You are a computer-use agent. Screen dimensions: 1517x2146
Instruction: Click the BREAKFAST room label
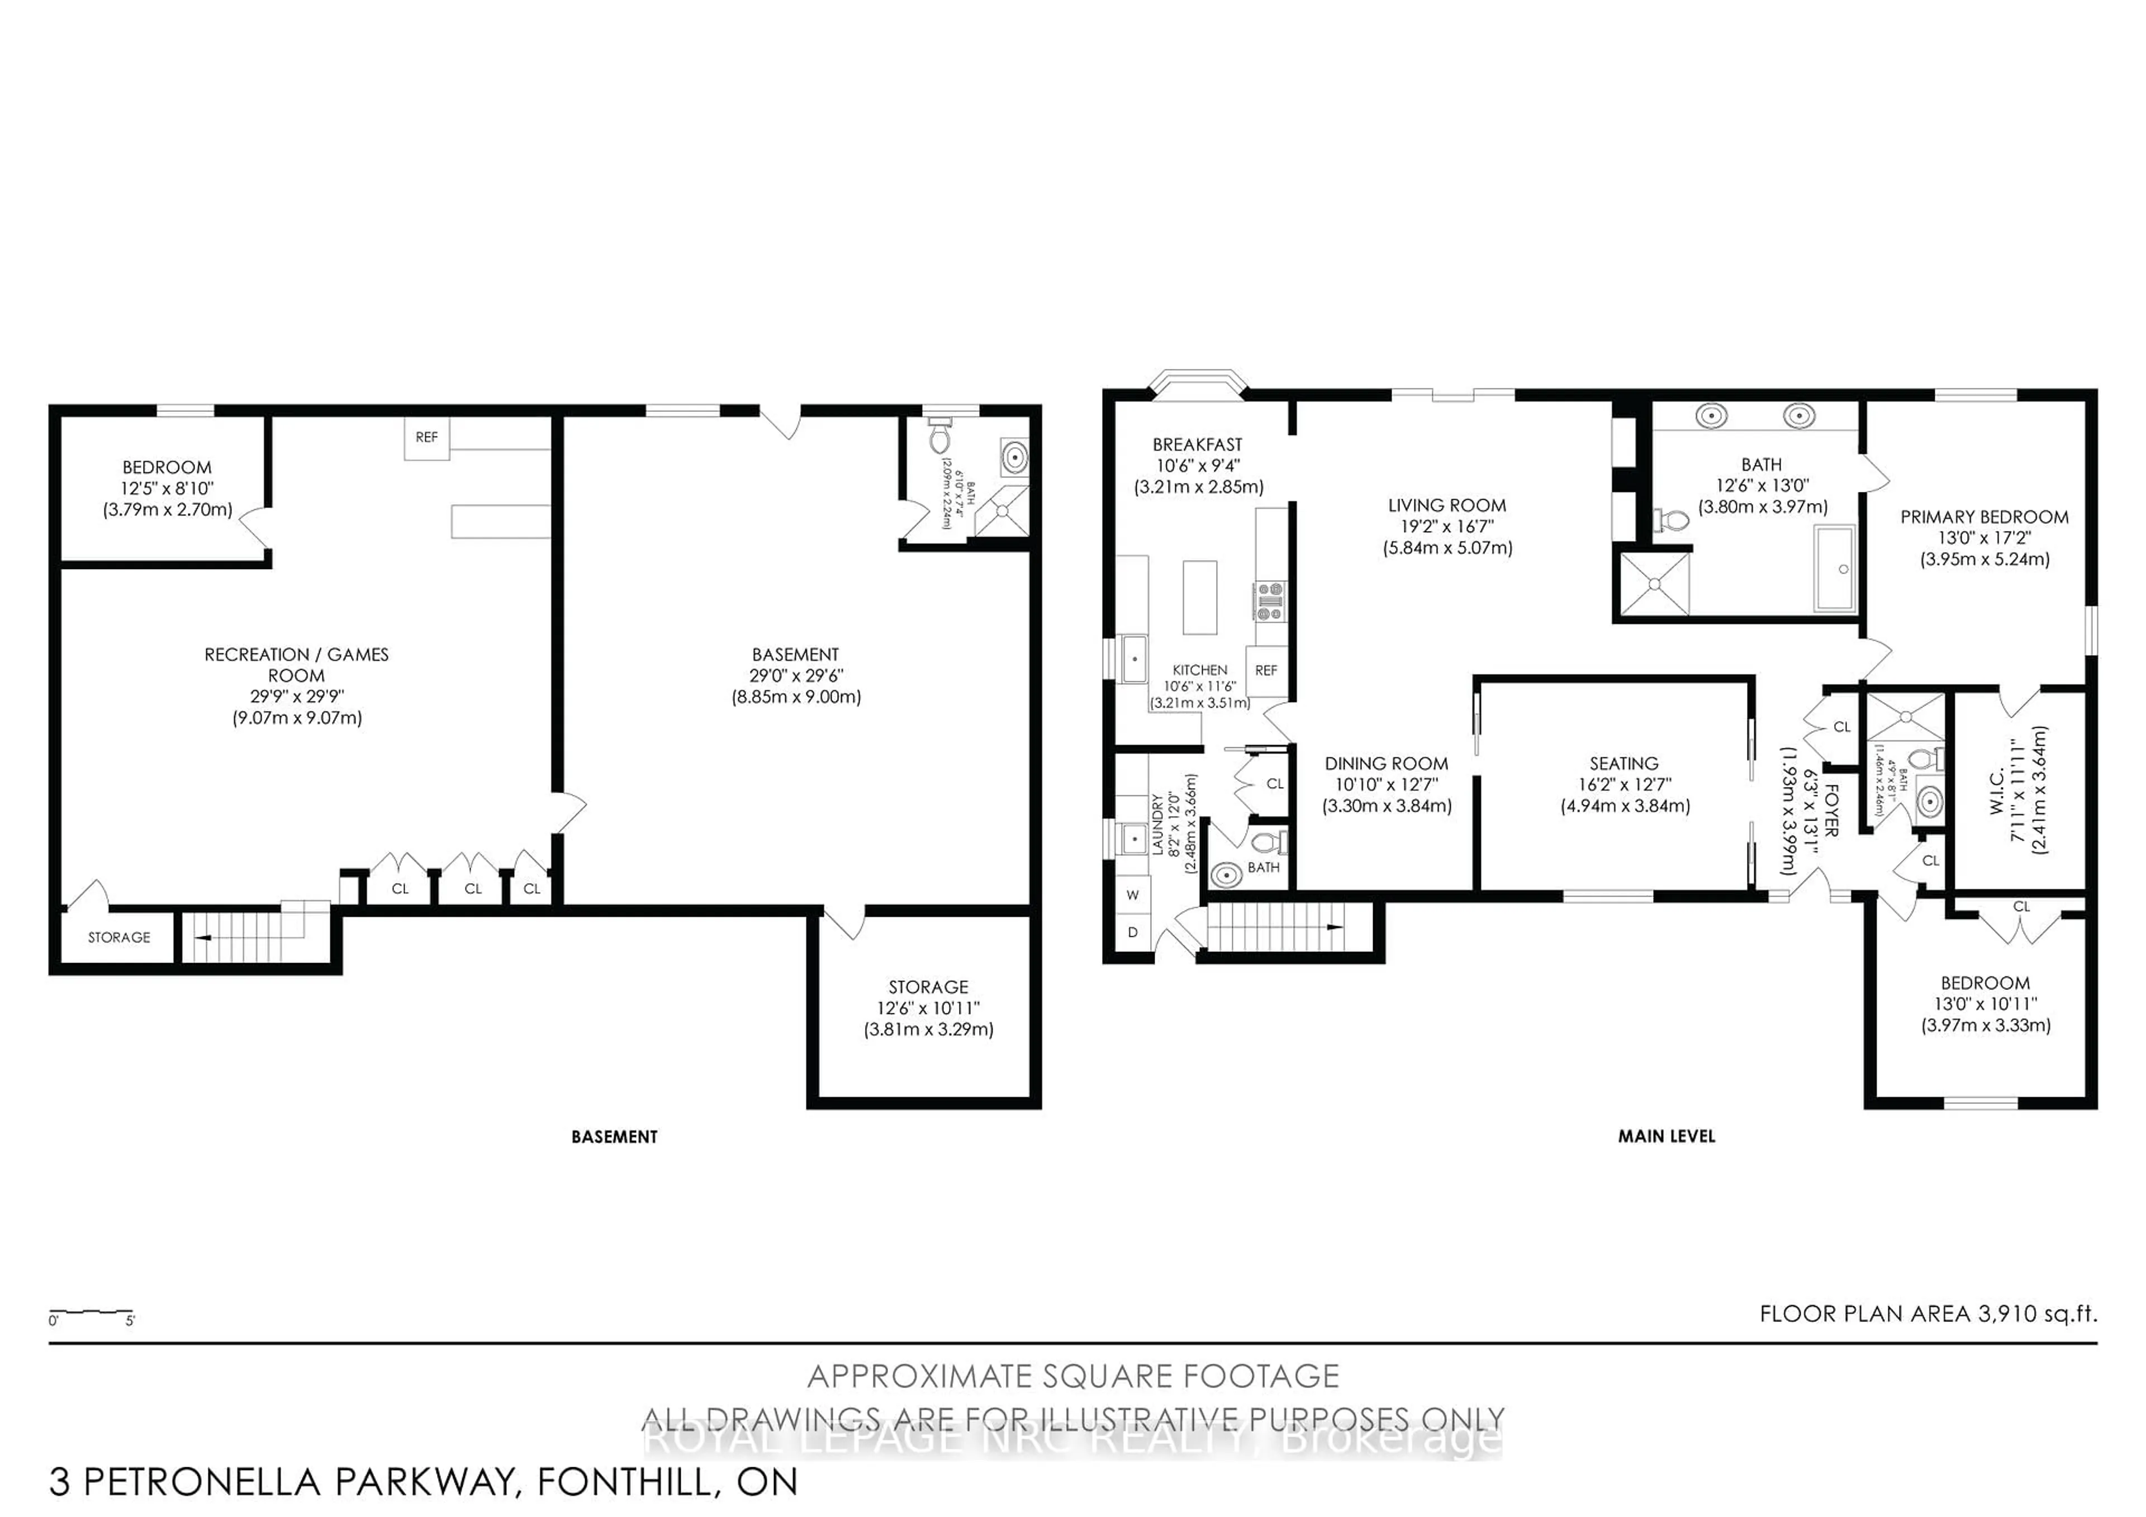pyautogui.click(x=1197, y=445)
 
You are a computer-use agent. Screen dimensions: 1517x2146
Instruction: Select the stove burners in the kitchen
pyautogui.click(x=1269, y=601)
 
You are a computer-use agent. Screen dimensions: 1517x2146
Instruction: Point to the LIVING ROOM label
pyautogui.click(x=1447, y=506)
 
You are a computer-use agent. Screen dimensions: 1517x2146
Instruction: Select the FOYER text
pyautogui.click(x=1831, y=809)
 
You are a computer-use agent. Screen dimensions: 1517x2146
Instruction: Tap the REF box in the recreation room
pyautogui.click(x=426, y=438)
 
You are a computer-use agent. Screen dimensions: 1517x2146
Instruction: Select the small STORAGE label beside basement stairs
pyautogui.click(x=118, y=937)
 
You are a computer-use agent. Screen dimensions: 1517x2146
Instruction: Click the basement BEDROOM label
pyautogui.click(x=167, y=467)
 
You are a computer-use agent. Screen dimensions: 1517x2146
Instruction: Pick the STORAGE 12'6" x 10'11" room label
pyautogui.click(x=928, y=987)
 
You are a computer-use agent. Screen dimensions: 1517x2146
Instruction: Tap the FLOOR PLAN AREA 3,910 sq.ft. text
pyautogui.click(x=1927, y=1313)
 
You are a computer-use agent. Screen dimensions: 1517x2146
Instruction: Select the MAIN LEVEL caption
pyautogui.click(x=1667, y=1136)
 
